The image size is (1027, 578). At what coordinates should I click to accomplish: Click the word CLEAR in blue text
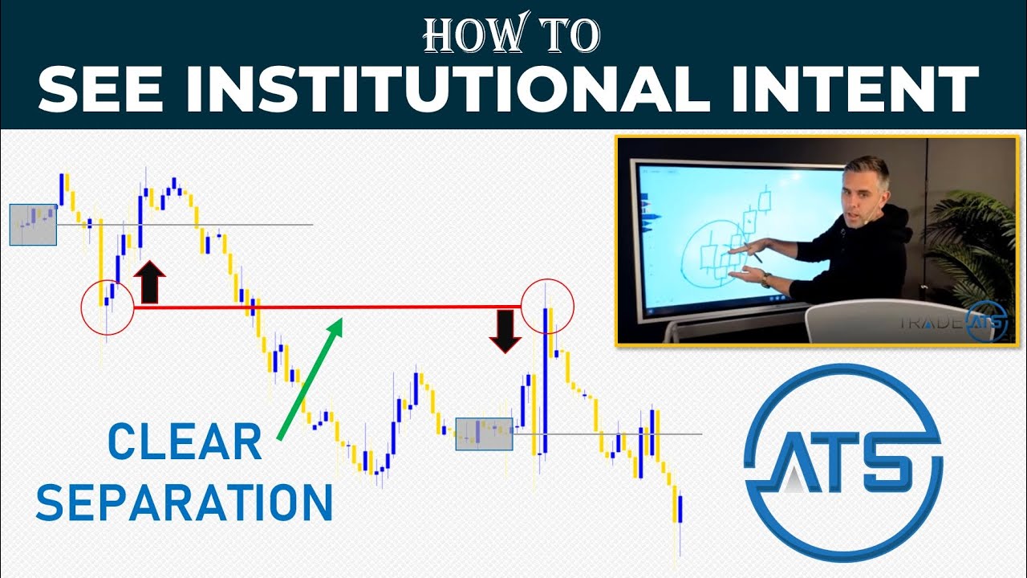point(185,442)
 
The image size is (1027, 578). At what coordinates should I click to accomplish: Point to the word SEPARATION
point(185,503)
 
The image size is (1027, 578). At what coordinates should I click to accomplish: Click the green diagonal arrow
point(310,377)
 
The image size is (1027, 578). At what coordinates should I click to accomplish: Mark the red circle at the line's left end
point(107,308)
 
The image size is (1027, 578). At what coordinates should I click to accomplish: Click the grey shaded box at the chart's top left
point(33,224)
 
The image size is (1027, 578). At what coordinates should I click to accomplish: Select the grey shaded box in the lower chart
point(484,433)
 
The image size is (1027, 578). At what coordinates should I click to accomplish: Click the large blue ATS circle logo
point(842,463)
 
